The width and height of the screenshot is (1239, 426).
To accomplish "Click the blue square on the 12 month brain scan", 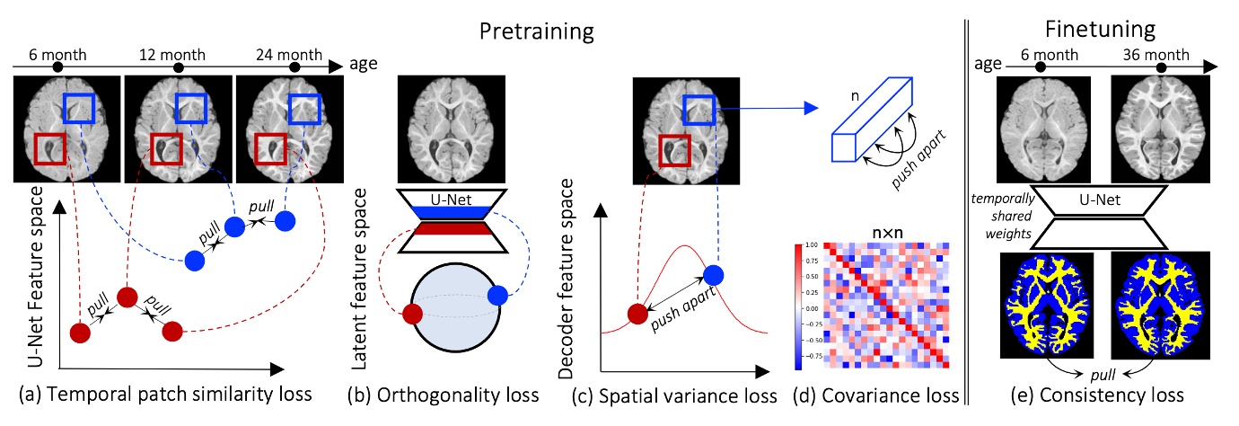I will point(191,109).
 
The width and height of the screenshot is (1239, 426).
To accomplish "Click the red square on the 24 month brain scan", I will point(271,149).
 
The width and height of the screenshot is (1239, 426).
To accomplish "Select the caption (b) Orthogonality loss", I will point(453,395).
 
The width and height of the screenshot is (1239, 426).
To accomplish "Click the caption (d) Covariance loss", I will point(879,395).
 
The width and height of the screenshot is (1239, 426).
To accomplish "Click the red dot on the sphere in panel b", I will point(413,315).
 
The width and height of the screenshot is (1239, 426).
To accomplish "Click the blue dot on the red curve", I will point(713,275).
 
